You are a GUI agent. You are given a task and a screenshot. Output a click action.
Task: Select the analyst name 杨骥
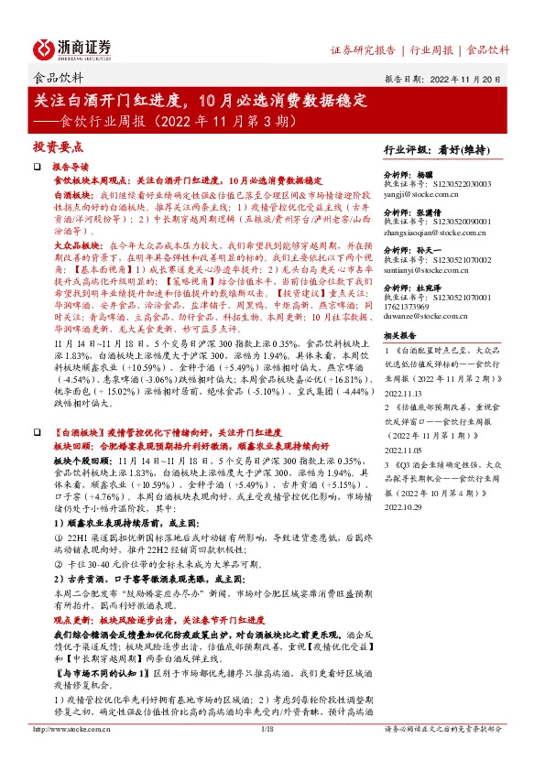coord(429,173)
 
